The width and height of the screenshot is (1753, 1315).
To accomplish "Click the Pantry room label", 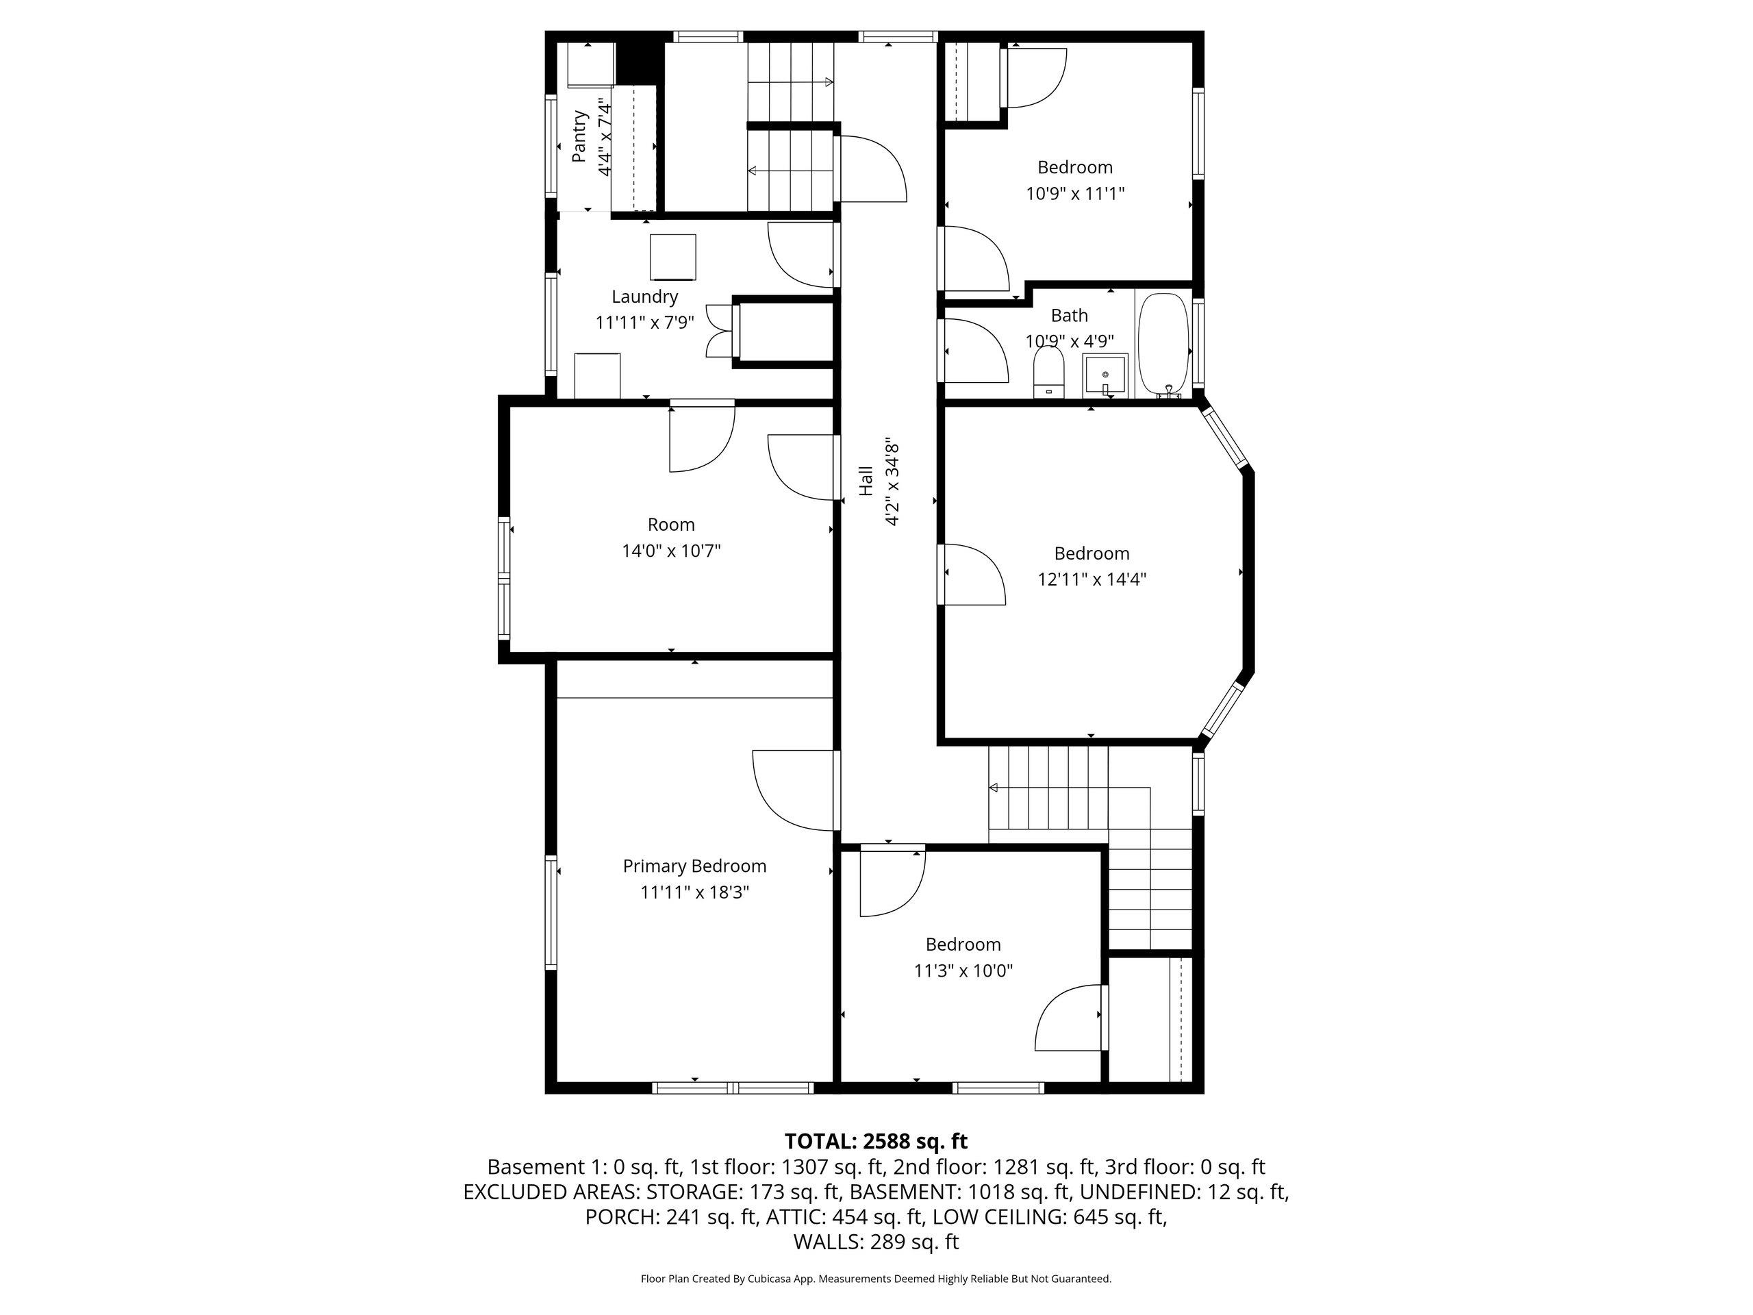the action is (x=580, y=136).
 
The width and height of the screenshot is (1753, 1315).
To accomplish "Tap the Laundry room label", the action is (x=644, y=297).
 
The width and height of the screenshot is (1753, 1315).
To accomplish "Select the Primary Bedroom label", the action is (x=694, y=866).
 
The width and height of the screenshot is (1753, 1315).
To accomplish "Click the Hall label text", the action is (x=866, y=481).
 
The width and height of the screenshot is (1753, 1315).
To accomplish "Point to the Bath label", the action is (x=1069, y=316).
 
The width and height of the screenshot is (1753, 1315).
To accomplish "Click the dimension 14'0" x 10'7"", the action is (x=671, y=550).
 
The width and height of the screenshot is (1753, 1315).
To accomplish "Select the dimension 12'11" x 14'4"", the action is (x=1092, y=579).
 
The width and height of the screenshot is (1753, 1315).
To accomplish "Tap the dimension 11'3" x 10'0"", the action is (x=963, y=970).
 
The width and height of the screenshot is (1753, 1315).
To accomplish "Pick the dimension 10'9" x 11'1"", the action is (x=1075, y=193).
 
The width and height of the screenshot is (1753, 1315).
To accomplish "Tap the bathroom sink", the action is (x=1105, y=376).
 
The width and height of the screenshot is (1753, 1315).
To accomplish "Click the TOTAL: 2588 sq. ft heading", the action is (x=876, y=1142).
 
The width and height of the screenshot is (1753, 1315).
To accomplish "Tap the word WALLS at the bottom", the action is (x=827, y=1242).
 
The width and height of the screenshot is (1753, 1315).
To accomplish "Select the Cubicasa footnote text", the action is (x=876, y=1279).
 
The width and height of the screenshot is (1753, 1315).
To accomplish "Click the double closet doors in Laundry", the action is (x=720, y=331).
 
